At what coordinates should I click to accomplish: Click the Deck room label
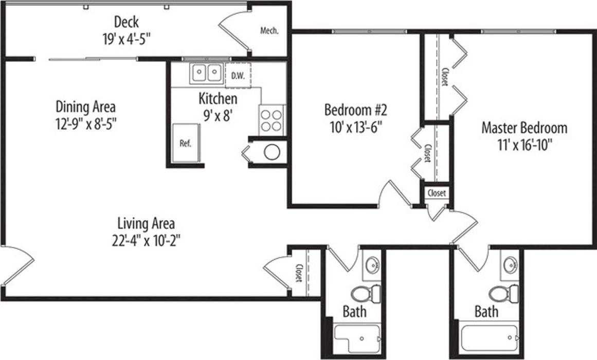coord(126,22)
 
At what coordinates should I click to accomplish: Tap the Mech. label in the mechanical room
coord(269,30)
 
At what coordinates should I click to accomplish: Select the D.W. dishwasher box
coord(238,76)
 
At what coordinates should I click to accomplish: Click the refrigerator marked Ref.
coord(186,143)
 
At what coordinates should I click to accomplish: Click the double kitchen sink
coord(206,73)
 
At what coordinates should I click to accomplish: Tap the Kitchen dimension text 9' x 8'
coord(218,115)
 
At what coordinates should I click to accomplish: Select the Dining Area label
coord(86,106)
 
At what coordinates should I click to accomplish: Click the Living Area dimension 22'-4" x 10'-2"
coord(146,240)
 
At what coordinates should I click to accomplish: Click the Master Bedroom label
coord(524,128)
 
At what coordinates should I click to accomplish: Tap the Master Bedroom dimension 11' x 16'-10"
coord(524,145)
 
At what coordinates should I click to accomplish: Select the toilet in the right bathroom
coord(504,294)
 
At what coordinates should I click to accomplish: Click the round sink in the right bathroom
coord(510,264)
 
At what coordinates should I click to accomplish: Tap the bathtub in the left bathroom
coord(357,339)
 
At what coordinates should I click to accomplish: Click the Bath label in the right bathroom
coord(486,312)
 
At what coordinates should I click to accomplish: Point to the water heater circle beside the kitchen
coord(272,152)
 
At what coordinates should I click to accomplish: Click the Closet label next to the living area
coord(299,273)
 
